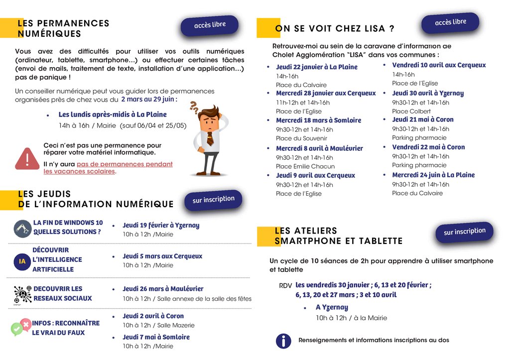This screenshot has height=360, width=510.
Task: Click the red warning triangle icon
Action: (x=27, y=158)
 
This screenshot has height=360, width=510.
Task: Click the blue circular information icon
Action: (x=283, y=341)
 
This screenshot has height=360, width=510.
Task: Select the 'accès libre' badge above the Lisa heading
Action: (x=450, y=22)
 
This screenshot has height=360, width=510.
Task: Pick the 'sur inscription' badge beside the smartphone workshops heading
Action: (x=464, y=232)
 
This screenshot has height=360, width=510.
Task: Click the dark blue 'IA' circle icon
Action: (x=22, y=261)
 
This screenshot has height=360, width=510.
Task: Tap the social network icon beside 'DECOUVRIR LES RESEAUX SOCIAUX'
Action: (x=22, y=294)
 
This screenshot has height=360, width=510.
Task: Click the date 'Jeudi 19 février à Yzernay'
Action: (x=161, y=225)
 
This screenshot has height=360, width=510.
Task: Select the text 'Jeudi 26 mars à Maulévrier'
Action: (x=163, y=289)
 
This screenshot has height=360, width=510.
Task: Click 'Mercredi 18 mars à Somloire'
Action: (x=318, y=120)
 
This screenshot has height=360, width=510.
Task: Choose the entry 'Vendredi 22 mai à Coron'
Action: (x=428, y=147)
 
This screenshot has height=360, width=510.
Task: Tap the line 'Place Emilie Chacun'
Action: (x=305, y=166)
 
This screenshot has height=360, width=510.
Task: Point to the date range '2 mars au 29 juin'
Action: (x=148, y=99)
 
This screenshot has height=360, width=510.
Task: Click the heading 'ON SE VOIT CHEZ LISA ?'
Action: (x=335, y=28)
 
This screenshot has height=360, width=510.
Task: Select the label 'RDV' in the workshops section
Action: (x=285, y=286)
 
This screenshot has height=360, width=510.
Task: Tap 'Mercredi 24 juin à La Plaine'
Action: (x=433, y=175)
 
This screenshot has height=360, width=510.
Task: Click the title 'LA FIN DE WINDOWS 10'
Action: (x=68, y=223)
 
